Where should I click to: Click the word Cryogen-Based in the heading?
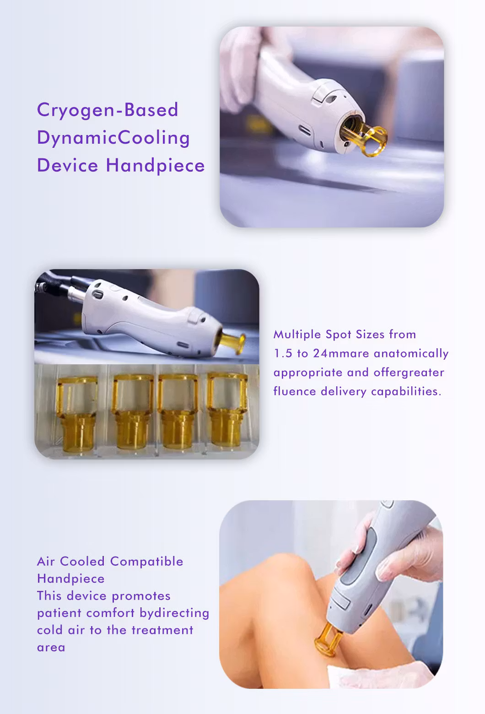(x=108, y=110)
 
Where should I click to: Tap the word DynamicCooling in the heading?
(x=113, y=139)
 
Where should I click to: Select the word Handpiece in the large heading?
(x=155, y=166)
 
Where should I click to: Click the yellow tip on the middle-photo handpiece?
(x=233, y=343)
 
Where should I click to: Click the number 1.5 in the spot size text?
(x=283, y=353)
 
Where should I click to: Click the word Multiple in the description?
(x=297, y=335)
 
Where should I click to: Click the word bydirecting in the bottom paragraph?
(x=174, y=614)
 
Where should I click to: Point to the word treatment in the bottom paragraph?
(x=162, y=631)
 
